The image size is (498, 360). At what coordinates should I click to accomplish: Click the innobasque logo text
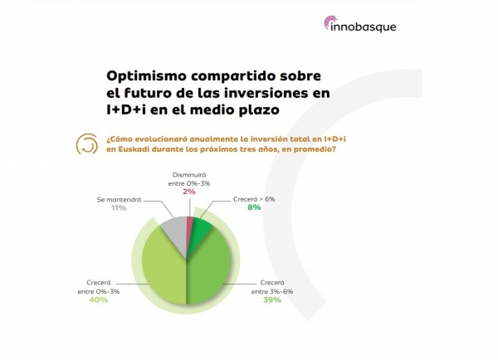[364, 27]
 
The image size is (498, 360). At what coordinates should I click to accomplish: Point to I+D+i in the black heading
[126, 109]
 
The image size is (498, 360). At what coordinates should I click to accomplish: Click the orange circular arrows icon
[86, 144]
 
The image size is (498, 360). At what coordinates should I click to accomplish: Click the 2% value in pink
[189, 192]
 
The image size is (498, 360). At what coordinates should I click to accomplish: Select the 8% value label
[254, 207]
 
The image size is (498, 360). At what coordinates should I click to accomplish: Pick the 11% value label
[119, 208]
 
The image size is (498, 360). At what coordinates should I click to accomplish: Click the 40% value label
[99, 299]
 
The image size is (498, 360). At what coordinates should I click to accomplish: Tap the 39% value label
[272, 299]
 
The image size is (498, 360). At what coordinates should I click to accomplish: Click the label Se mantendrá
[119, 200]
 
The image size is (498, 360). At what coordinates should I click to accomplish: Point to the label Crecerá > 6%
[254, 199]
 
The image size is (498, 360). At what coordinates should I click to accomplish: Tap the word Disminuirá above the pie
[189, 175]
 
